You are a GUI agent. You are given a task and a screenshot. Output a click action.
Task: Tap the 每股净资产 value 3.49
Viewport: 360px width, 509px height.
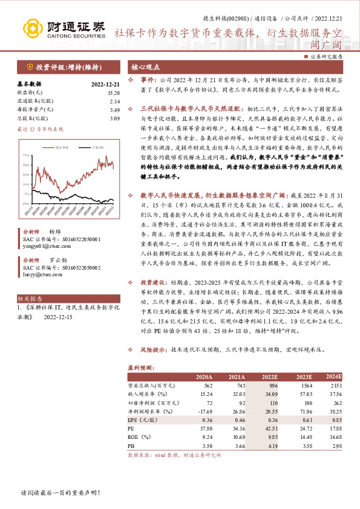click(114, 110)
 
